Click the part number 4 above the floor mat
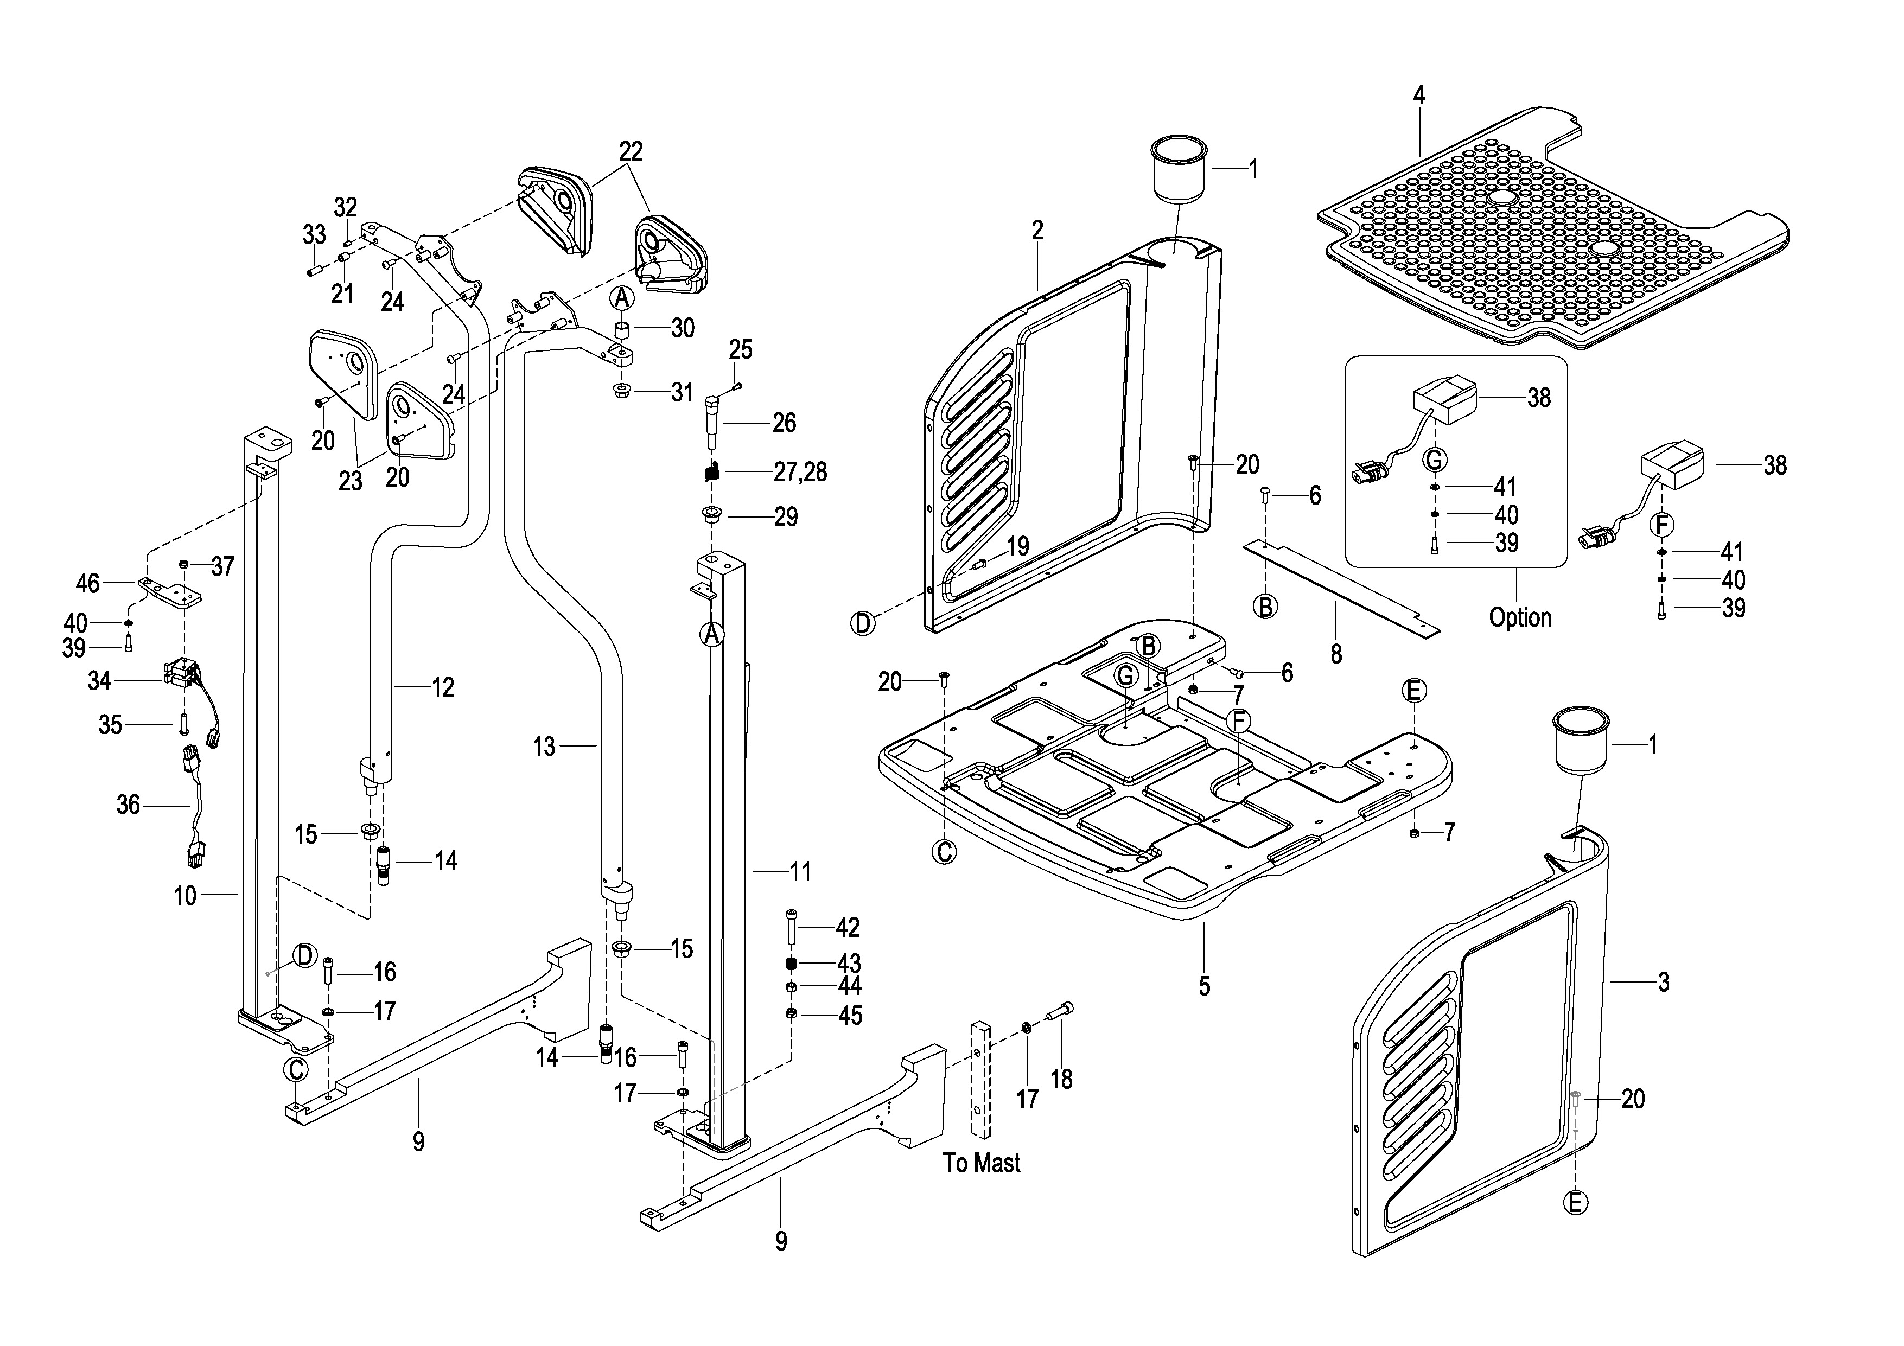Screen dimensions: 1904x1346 coord(1419,96)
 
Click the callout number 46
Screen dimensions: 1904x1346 coord(88,583)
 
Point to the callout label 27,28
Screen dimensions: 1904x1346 coord(800,472)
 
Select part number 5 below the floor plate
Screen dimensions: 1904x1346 coord(1204,986)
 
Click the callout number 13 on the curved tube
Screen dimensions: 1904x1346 coord(544,747)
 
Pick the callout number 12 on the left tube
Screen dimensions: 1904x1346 coord(443,687)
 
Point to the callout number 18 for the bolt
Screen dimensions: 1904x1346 coord(1061,1079)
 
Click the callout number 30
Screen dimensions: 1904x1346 coord(683,328)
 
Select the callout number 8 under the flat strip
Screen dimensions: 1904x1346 coord(1336,654)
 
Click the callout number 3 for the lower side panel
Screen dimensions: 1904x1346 coord(1664,982)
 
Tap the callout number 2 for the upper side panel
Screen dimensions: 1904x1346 coord(1037,231)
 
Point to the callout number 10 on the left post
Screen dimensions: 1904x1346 coord(185,896)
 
